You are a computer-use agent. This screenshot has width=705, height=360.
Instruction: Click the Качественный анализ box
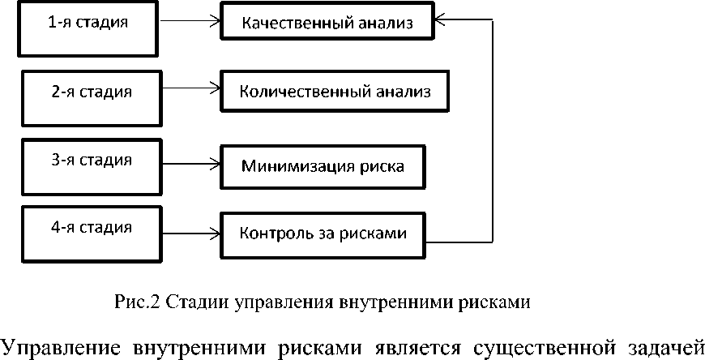328,23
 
